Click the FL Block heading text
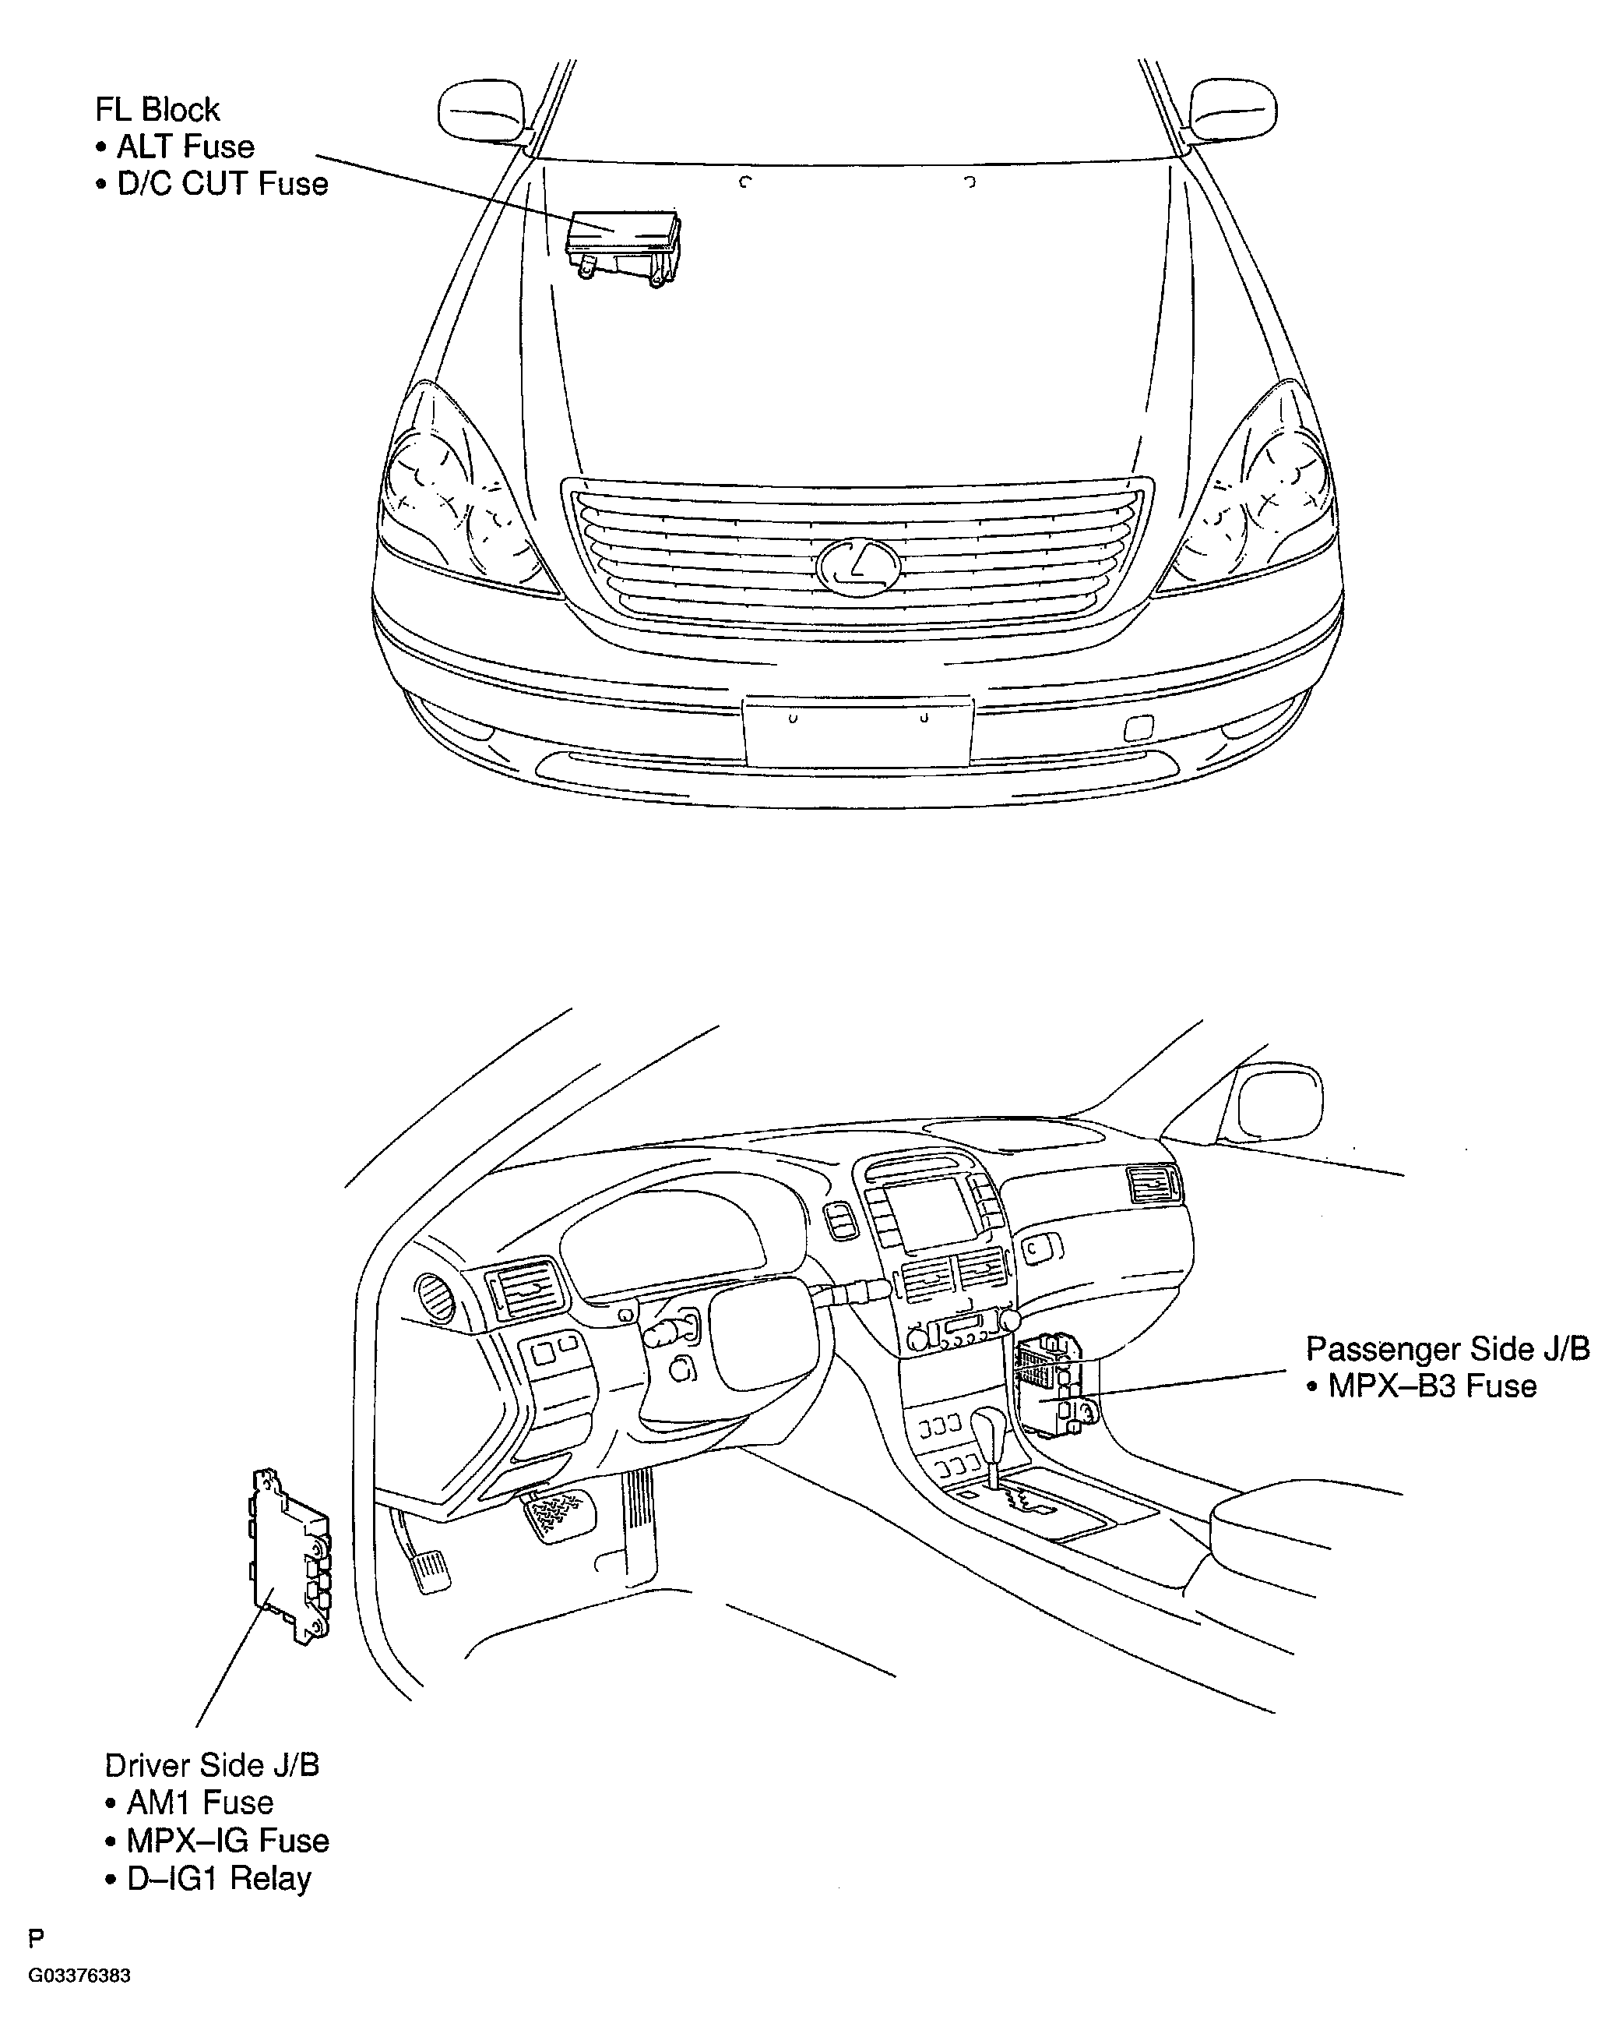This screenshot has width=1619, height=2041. coord(157,110)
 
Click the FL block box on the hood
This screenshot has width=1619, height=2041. coord(623,248)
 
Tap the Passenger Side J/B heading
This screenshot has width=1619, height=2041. coord(1448,1349)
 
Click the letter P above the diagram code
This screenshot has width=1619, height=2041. coord(36,1965)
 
